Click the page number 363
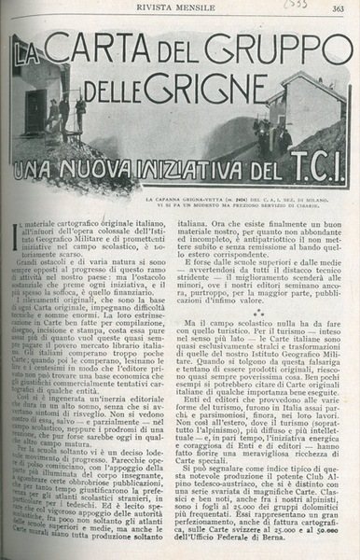[x=339, y=9]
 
